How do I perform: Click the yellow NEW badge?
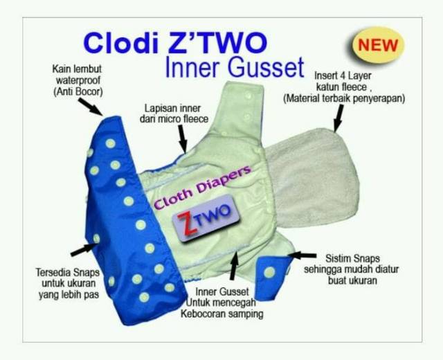(x=377, y=46)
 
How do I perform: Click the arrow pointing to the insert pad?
(x=338, y=122)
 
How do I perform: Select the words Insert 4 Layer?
(x=345, y=74)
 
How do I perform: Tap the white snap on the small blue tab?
(x=269, y=273)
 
